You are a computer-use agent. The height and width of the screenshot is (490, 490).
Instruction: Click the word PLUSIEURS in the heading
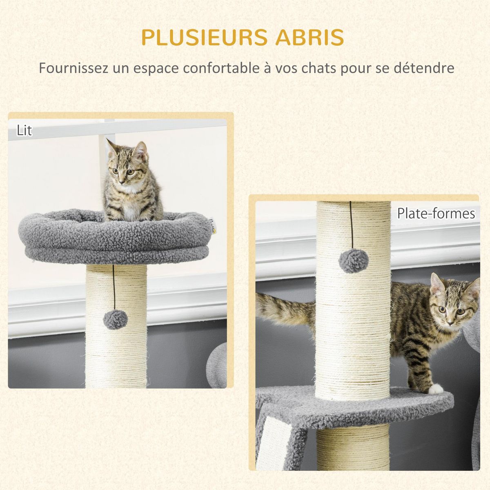tap(204, 38)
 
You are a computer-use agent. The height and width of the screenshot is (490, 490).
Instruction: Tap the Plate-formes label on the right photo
tap(436, 214)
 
